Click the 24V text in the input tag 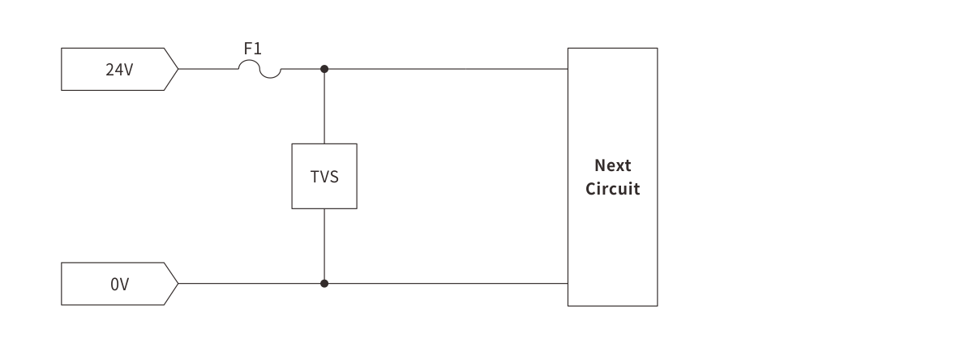119,70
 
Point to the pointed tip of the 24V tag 178,69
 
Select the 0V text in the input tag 119,285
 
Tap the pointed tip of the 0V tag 178,284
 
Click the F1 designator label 253,49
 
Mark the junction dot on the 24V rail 324,69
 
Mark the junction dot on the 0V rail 324,284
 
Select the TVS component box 324,176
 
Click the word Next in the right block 613,165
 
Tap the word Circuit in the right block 613,189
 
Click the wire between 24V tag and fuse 208,69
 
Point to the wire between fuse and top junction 302,69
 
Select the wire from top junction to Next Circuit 446,69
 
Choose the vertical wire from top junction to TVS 324,106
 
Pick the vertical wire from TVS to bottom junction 324,246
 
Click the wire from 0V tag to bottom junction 251,284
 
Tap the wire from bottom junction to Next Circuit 446,284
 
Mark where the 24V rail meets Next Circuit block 568,69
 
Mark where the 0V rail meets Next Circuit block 568,284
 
